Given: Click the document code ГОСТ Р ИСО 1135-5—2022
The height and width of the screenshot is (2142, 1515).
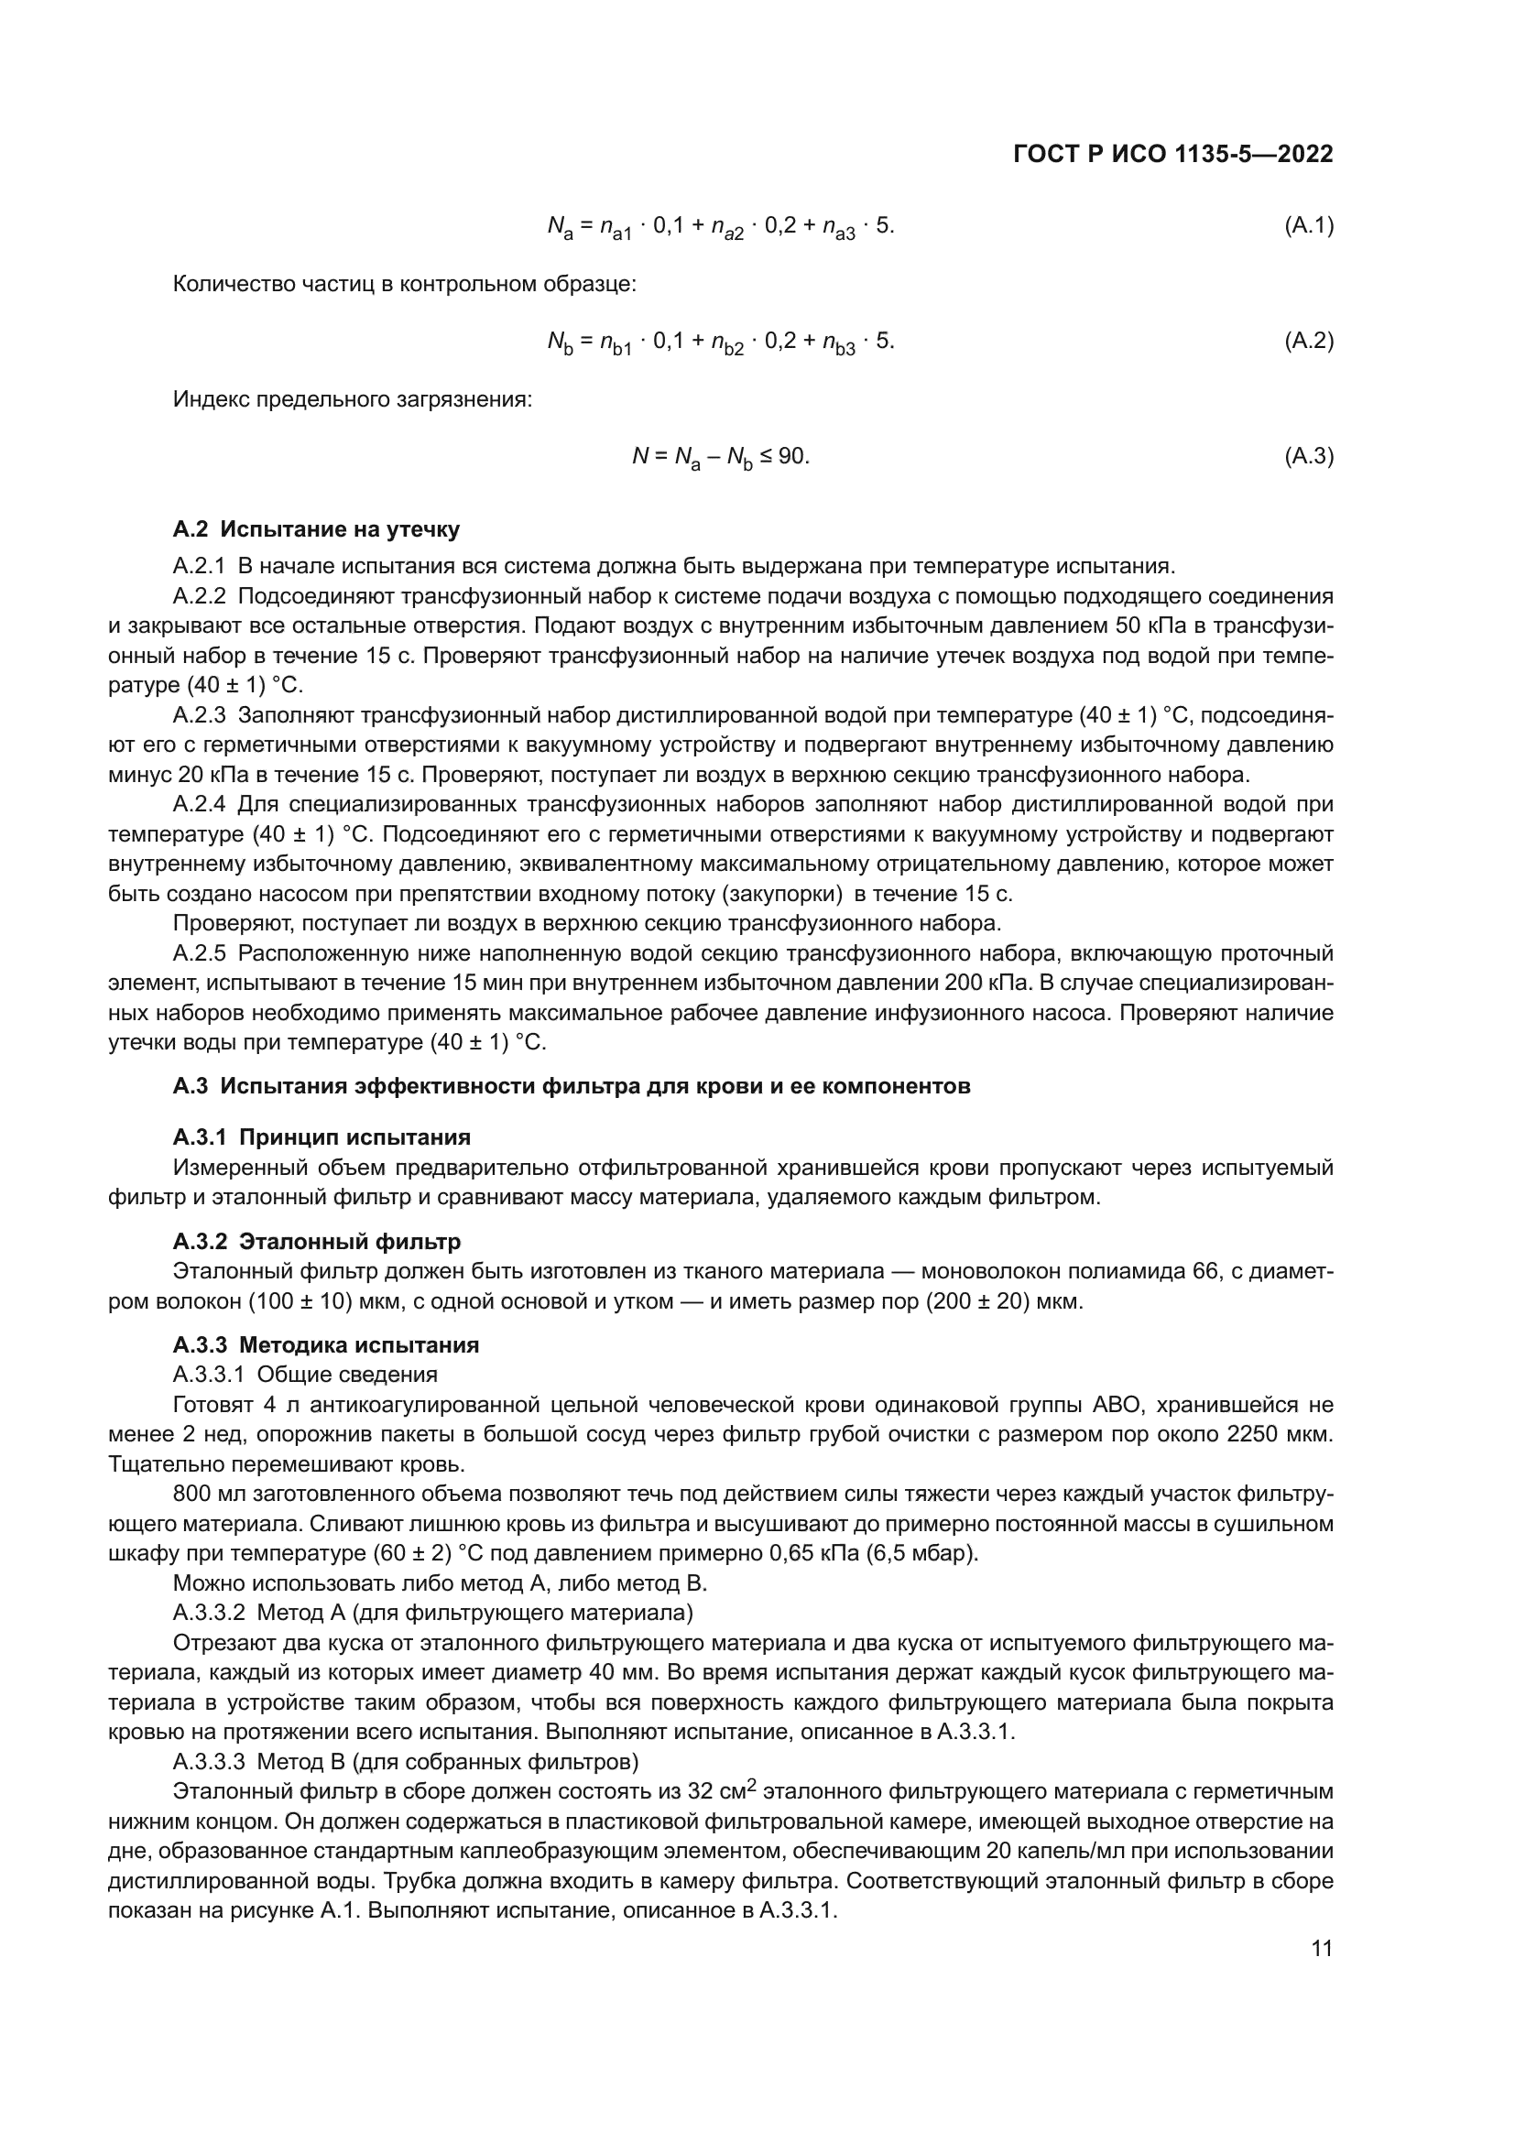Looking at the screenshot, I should pos(1172,155).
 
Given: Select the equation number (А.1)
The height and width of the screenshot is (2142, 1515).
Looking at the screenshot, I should pos(1309,225).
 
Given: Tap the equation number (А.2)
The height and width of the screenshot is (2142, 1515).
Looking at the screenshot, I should pos(1309,341).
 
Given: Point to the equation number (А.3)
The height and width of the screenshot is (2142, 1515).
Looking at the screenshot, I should pos(1309,456).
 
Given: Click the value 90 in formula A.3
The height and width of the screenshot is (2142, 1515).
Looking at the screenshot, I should pos(792,456).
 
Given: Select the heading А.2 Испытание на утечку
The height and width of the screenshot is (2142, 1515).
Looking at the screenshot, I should pos(316,530).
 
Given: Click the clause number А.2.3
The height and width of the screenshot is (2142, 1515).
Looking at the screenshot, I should pos(200,715).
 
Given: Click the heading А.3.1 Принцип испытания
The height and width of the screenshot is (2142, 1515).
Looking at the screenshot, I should pos(322,1137).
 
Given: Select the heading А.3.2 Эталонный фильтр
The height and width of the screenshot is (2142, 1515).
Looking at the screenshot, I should pos(317,1242).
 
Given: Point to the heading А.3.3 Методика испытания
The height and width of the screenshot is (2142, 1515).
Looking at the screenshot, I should pos(325,1345).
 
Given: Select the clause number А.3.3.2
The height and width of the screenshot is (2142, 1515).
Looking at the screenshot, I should pos(209,1613).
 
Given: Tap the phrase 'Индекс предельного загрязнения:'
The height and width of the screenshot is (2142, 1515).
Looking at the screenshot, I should pos(353,400).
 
